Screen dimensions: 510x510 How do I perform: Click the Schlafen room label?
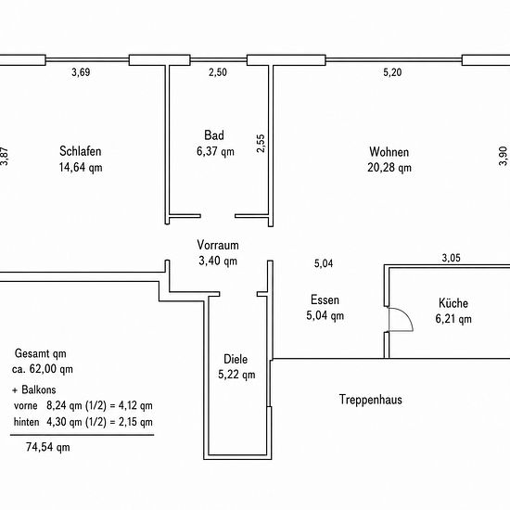coord(81,151)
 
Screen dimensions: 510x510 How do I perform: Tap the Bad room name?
coord(214,135)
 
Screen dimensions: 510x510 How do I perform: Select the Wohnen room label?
coord(389,152)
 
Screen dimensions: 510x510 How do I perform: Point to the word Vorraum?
coord(218,245)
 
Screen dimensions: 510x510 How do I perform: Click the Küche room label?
coord(453,303)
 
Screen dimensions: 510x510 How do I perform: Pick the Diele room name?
coord(236,359)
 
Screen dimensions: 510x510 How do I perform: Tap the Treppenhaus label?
coord(371,400)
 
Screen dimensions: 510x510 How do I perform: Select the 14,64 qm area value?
coord(81,167)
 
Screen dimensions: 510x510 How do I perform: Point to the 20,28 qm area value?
coord(389,168)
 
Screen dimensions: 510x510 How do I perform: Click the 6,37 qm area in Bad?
coord(215,151)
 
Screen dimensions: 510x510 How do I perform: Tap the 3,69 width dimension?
coord(81,72)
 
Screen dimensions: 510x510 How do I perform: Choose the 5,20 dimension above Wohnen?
coord(392,72)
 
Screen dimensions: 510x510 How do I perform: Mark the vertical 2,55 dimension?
coord(261,144)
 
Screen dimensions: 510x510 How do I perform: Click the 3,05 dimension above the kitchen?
coord(452,258)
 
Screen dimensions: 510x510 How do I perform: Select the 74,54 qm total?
coord(48,447)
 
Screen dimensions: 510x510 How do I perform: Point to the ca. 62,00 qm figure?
coord(43,369)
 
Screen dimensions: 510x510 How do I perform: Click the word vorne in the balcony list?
coord(26,405)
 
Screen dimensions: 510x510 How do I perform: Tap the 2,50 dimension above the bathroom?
coord(218,72)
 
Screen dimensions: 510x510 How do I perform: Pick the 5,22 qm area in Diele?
coord(236,375)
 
